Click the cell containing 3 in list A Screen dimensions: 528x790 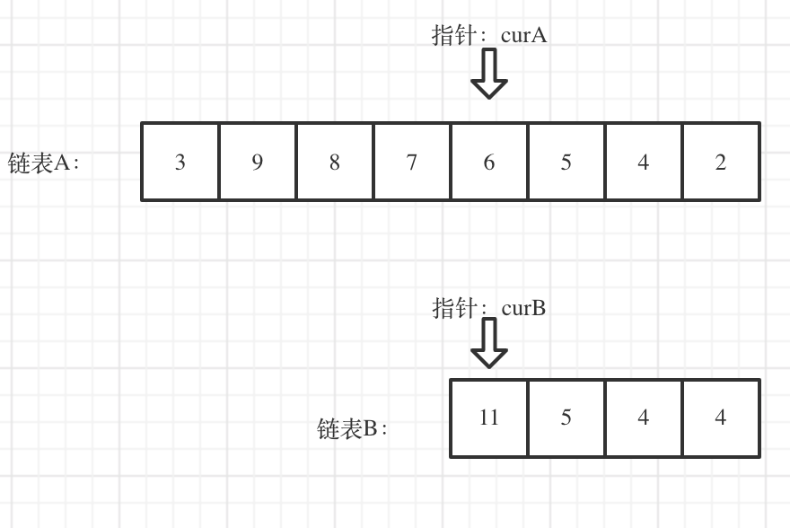(x=180, y=162)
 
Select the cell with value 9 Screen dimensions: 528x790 (x=258, y=162)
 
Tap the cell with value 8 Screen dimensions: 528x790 (x=335, y=162)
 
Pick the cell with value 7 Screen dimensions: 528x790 (x=412, y=162)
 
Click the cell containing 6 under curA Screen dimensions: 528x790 (x=489, y=162)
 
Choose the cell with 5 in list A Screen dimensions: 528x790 (x=566, y=162)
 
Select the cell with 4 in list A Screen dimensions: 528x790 (x=644, y=162)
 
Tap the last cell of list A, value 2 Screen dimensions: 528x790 (x=721, y=162)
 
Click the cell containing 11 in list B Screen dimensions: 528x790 (x=489, y=418)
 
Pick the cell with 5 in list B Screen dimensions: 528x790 (x=566, y=418)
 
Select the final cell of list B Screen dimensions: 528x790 (x=721, y=418)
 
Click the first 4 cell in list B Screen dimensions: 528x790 (x=644, y=418)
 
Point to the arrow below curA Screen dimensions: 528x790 (x=489, y=74)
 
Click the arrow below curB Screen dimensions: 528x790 (x=489, y=343)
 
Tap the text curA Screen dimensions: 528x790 (x=524, y=36)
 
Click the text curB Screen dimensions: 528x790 (x=523, y=309)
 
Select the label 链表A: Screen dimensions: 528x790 (x=44, y=163)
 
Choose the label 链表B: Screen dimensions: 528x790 (x=353, y=429)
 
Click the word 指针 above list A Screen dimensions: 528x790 (x=454, y=36)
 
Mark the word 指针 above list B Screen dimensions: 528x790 (x=454, y=309)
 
